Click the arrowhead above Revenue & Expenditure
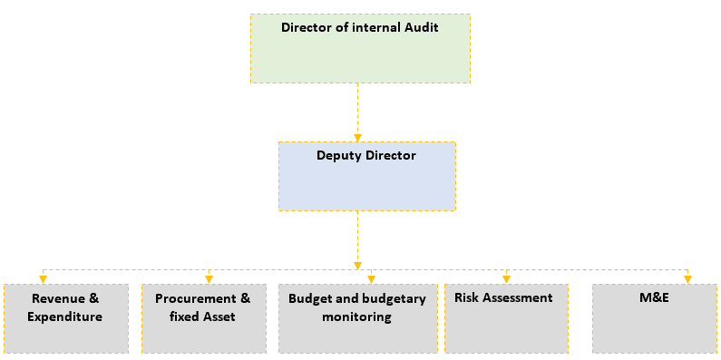coord(42,278)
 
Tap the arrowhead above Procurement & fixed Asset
coord(209,278)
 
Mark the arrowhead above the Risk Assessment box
coord(506,278)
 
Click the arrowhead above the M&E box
coord(687,278)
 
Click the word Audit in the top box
coord(420,27)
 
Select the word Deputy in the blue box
coord(336,155)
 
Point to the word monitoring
coord(356,316)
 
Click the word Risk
coord(467,297)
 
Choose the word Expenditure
coord(65,316)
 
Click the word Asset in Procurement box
coord(219,316)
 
